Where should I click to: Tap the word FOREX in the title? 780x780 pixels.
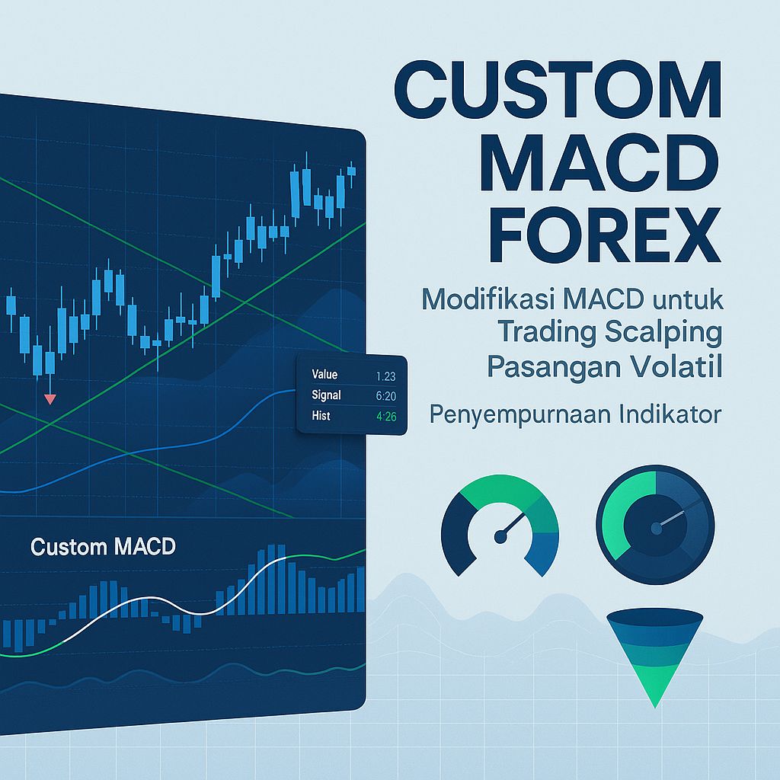point(583,236)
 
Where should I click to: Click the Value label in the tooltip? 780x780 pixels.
point(324,375)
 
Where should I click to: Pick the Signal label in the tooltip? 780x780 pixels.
point(326,395)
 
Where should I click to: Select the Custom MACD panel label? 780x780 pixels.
point(103,547)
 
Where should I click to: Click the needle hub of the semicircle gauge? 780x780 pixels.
point(500,537)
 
